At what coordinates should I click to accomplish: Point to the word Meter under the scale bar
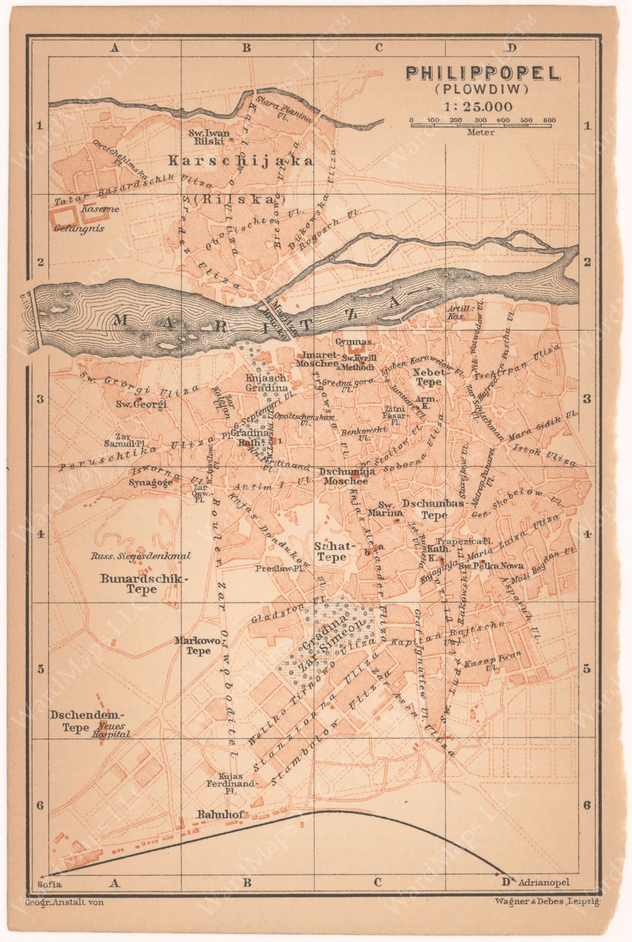click(x=481, y=132)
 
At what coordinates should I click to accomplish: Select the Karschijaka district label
click(x=240, y=160)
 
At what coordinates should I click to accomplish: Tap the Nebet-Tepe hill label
click(x=429, y=377)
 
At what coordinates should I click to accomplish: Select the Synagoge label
click(x=150, y=482)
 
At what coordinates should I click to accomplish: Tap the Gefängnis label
click(x=79, y=228)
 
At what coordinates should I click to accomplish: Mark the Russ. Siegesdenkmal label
click(x=141, y=556)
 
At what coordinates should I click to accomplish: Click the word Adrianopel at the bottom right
click(x=543, y=882)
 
